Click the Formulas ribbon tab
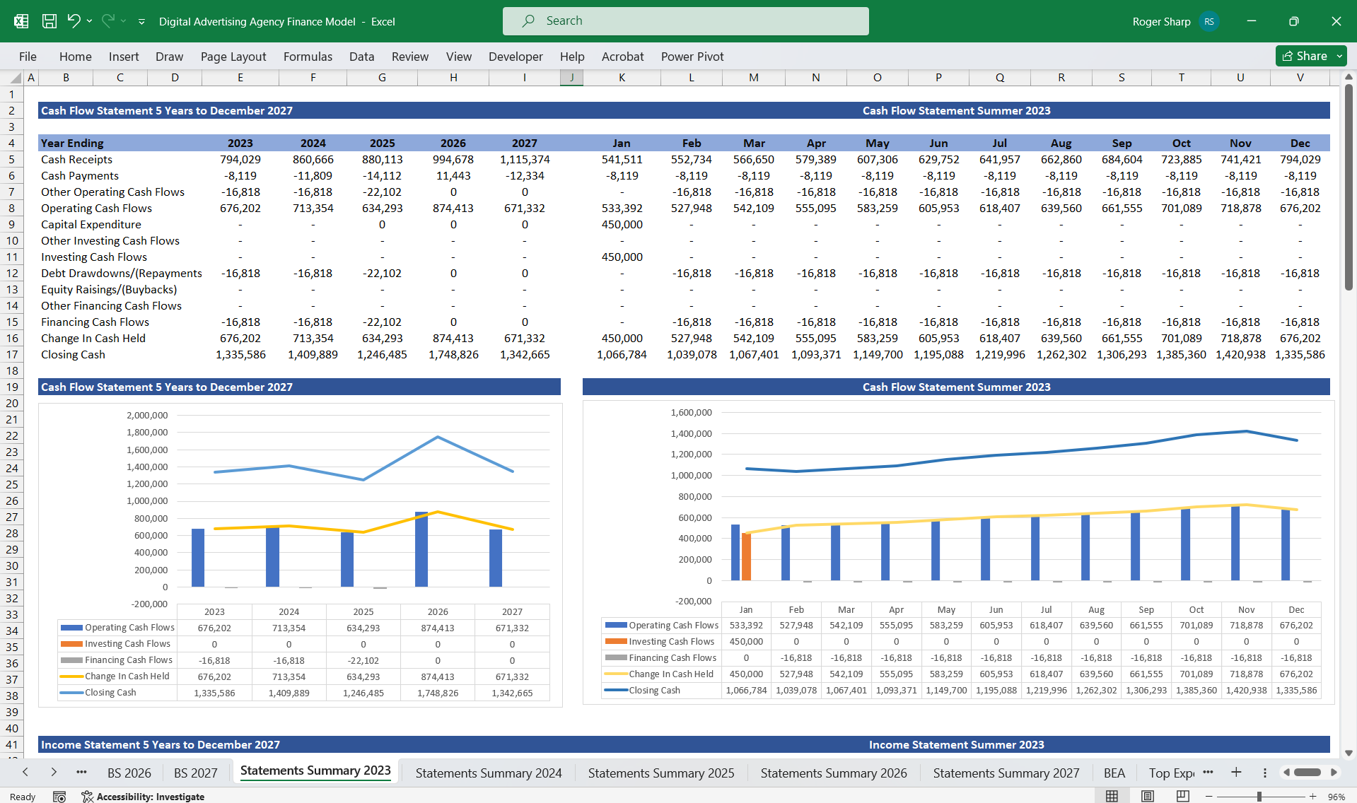pos(308,57)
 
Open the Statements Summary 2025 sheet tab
pos(660,773)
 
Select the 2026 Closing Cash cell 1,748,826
pos(453,355)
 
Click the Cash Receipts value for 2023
pos(240,160)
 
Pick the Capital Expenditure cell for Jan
pos(622,225)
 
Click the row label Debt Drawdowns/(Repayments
pos(121,274)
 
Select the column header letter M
pos(753,78)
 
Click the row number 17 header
pos(12,355)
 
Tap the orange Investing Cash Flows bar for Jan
pos(746,557)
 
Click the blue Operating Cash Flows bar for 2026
pos(421,549)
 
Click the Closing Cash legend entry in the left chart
pos(110,693)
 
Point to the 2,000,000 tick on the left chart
pos(147,416)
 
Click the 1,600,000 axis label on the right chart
pos(691,413)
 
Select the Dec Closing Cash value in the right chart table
pos(1296,691)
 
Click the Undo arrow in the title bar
pos(74,20)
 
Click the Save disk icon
pos(49,21)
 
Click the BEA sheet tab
pos(1114,773)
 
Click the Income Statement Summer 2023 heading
pos(956,745)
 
